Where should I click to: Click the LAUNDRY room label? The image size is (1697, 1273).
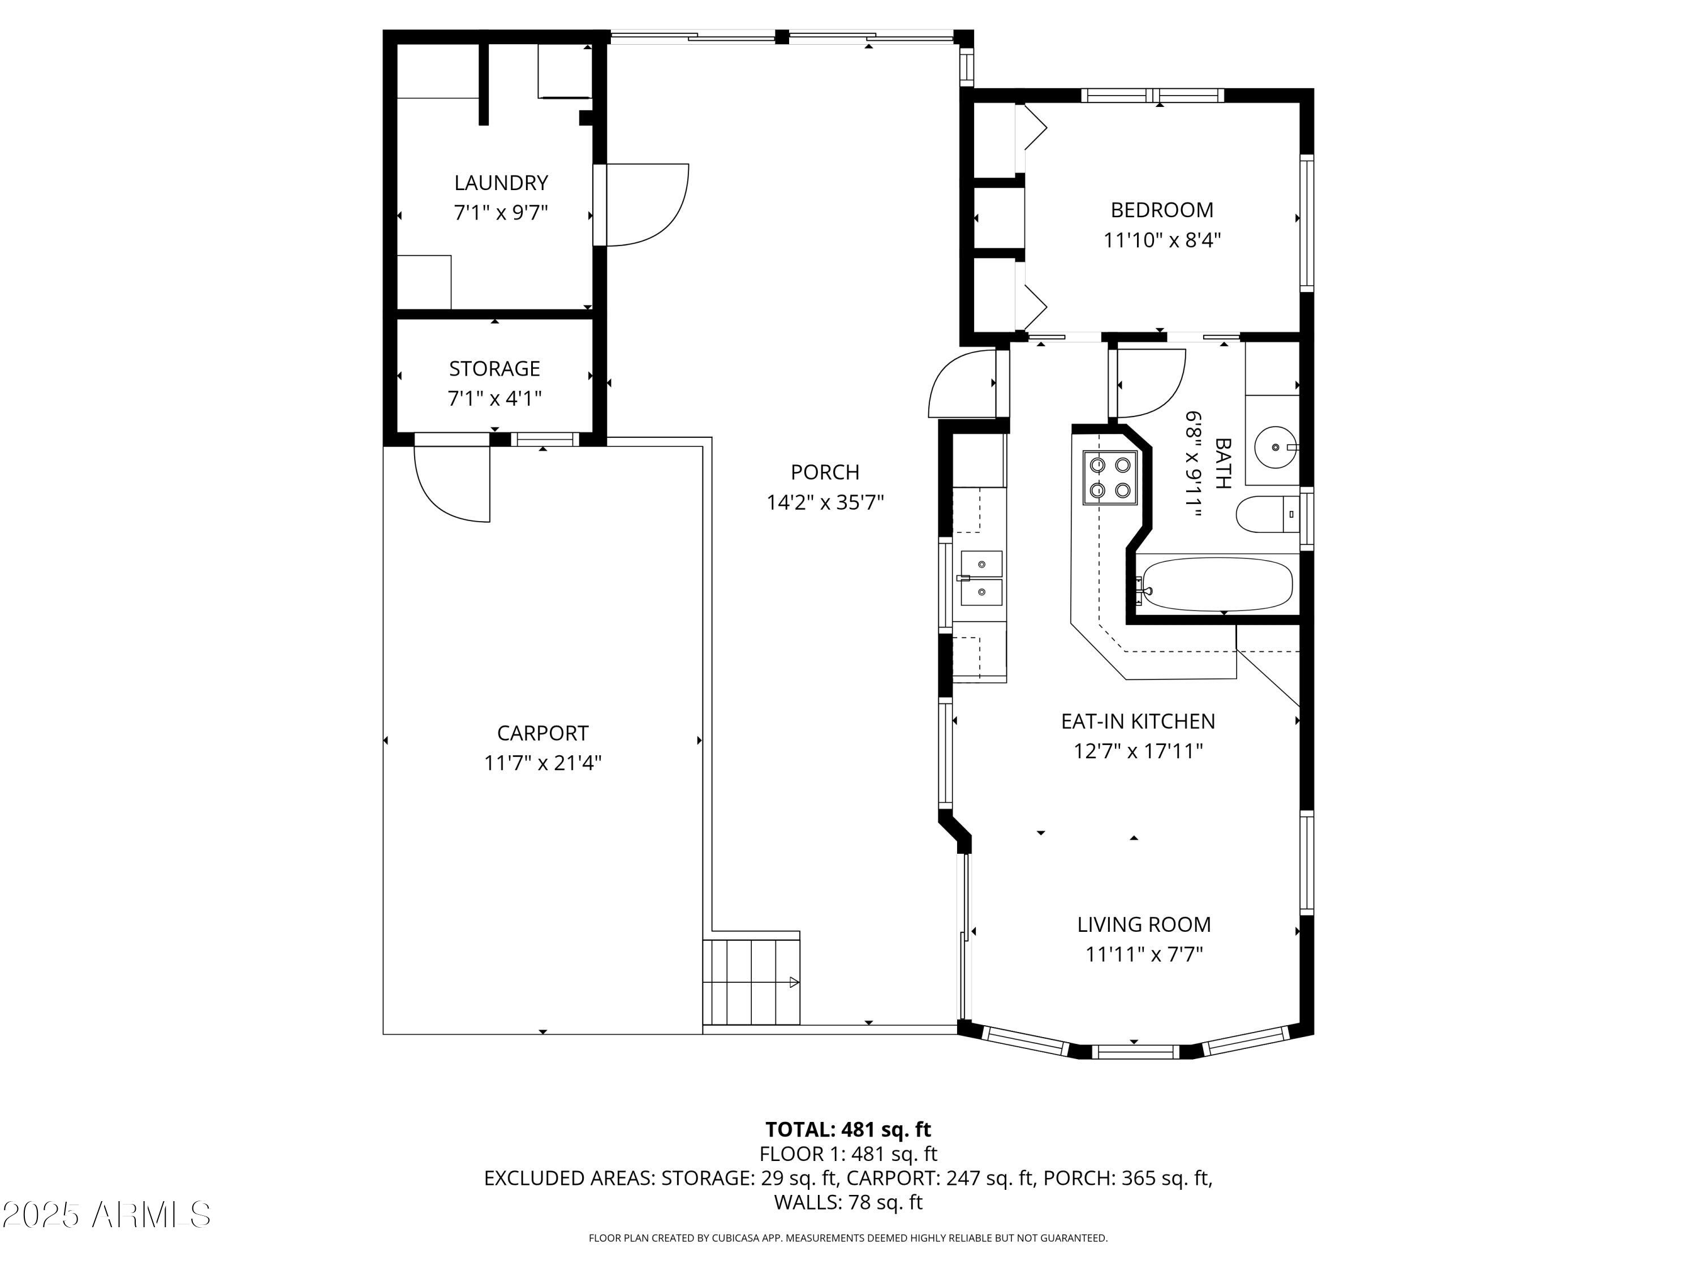[501, 183]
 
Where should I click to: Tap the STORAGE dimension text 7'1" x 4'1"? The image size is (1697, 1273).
[495, 398]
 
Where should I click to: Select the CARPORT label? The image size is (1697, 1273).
[542, 733]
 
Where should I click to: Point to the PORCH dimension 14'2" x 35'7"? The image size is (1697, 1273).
[825, 502]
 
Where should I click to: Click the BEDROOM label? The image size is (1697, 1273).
[1161, 209]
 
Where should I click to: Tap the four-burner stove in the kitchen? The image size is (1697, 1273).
[1109, 478]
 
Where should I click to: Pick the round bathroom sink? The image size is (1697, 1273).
[1275, 446]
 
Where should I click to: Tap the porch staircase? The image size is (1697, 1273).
[751, 982]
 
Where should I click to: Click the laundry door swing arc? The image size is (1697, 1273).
[652, 207]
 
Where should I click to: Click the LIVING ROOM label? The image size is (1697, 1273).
[1143, 924]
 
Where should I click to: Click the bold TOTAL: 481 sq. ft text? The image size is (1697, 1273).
[848, 1129]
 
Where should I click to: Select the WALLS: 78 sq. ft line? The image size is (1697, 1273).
[848, 1202]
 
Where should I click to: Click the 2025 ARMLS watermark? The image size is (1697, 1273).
[106, 1214]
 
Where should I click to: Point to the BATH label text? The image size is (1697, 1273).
[1223, 463]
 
